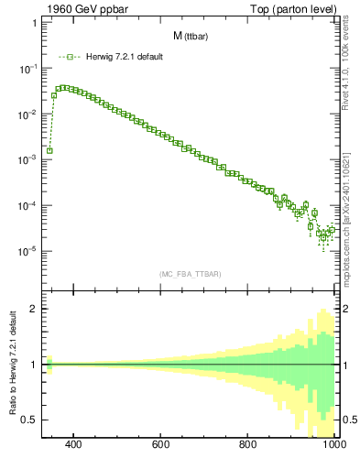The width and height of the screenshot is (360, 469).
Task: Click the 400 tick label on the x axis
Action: pos(74,445)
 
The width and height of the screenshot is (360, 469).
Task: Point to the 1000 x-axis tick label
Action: pos(331,445)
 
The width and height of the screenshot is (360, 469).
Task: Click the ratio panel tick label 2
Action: pos(32,309)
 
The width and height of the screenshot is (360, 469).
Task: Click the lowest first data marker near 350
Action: pos(49,150)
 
